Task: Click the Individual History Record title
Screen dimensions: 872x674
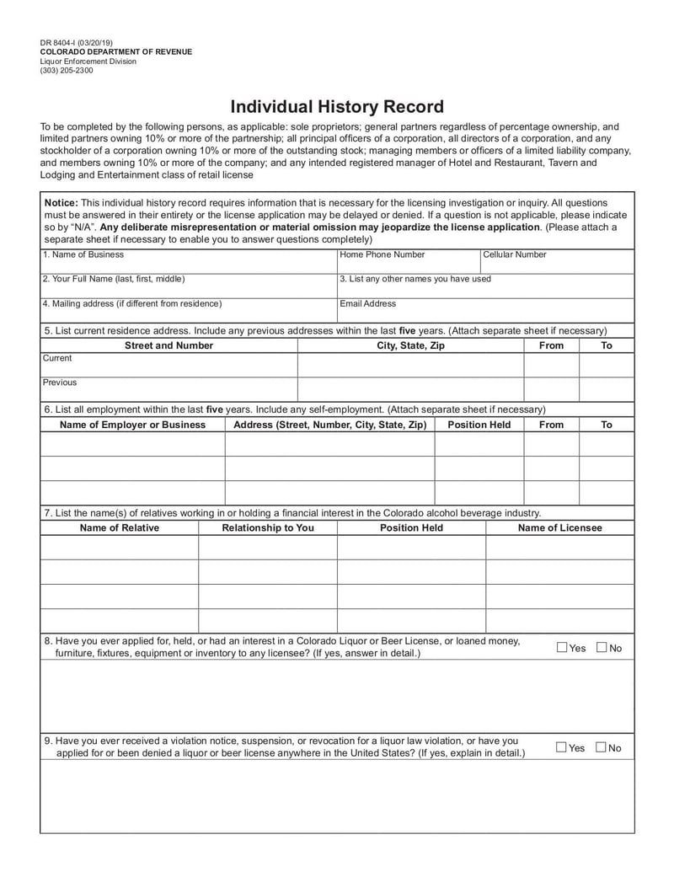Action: pyautogui.click(x=337, y=107)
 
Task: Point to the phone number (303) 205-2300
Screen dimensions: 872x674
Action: pyautogui.click(x=67, y=71)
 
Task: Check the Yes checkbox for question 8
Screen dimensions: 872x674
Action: pyautogui.click(x=562, y=647)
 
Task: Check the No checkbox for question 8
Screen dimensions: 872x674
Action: pyautogui.click(x=602, y=647)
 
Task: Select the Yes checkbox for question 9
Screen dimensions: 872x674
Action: pyautogui.click(x=561, y=747)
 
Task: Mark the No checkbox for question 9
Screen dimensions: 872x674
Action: pyautogui.click(x=601, y=747)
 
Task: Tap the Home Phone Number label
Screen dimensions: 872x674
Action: pyautogui.click(x=382, y=254)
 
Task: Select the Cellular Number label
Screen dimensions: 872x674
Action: pyautogui.click(x=514, y=254)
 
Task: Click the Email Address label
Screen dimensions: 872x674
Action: pyautogui.click(x=367, y=303)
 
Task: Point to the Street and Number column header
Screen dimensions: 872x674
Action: pyautogui.click(x=168, y=345)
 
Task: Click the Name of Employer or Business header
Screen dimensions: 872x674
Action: pyautogui.click(x=132, y=425)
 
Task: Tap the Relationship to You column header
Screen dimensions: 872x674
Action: pyautogui.click(x=267, y=528)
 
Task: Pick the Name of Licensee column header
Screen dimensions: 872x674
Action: pyautogui.click(x=559, y=528)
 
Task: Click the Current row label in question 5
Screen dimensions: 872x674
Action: pyautogui.click(x=57, y=358)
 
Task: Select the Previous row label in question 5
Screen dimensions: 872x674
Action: pyautogui.click(x=59, y=383)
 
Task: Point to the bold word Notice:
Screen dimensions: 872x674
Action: pyautogui.click(x=61, y=203)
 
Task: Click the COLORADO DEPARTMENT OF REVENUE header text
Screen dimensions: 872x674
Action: pyautogui.click(x=116, y=52)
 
